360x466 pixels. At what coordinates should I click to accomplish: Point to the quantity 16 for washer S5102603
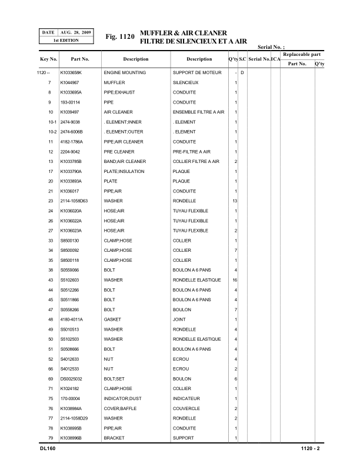point(235,280)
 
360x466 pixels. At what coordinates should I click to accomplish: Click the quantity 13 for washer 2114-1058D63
point(235,201)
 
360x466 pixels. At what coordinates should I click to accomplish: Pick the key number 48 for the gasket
point(51,319)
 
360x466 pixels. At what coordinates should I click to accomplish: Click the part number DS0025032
point(72,379)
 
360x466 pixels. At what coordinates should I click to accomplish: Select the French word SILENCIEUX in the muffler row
point(186,82)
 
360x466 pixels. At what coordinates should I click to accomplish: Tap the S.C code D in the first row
point(242,72)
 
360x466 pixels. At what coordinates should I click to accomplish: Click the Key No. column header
point(48,59)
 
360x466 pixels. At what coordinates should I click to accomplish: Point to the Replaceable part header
point(301,54)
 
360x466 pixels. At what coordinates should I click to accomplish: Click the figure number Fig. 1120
point(119,37)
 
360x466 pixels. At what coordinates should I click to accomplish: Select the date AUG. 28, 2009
point(75,32)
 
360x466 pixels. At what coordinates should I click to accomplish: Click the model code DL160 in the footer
point(41,449)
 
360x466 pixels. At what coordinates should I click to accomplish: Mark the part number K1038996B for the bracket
point(72,438)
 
